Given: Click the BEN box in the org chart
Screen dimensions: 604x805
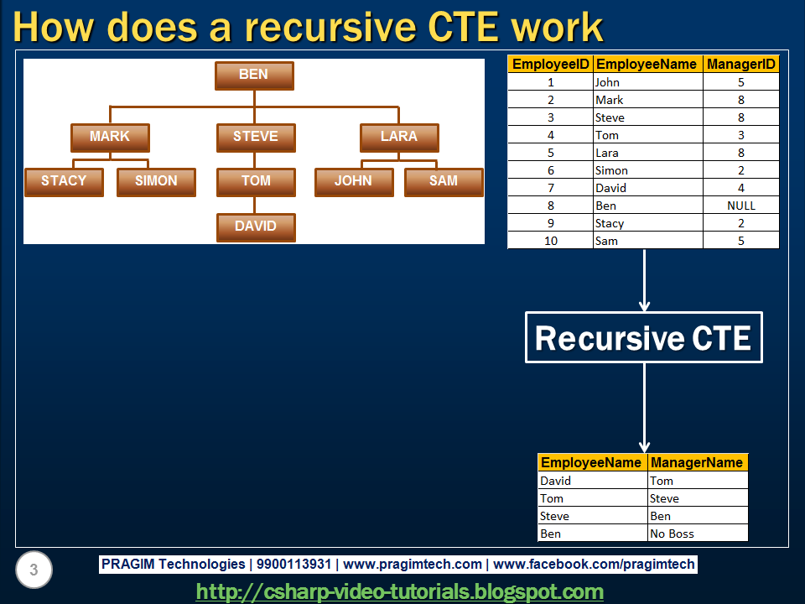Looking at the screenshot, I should [254, 75].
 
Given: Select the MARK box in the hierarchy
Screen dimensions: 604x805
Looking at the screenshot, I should [110, 137].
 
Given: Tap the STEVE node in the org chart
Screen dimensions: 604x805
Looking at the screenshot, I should [256, 137].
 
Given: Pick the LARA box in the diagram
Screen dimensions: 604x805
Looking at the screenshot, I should [399, 137].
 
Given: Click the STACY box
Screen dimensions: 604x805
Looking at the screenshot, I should [64, 181].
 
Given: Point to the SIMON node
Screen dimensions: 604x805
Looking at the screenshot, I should [156, 181].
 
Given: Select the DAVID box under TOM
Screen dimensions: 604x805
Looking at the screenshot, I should [256, 226].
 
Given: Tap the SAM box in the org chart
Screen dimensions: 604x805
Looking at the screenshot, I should [444, 181].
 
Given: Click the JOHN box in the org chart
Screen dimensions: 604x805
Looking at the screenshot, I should [354, 181].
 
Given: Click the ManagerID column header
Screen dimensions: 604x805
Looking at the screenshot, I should [741, 64].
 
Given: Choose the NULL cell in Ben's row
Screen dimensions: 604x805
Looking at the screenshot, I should [741, 206].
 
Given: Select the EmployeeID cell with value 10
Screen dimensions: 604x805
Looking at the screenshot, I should [550, 241].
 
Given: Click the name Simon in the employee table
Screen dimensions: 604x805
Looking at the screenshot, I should [611, 170].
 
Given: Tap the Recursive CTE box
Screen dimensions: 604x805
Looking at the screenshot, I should [643, 338].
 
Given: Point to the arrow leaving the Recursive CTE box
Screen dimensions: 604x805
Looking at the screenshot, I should [644, 407].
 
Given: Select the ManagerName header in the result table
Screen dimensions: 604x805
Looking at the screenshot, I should [697, 462].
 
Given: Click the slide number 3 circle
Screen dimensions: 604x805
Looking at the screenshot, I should [34, 571].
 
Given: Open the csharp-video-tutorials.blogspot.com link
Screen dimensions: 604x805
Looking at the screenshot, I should [399, 591].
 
